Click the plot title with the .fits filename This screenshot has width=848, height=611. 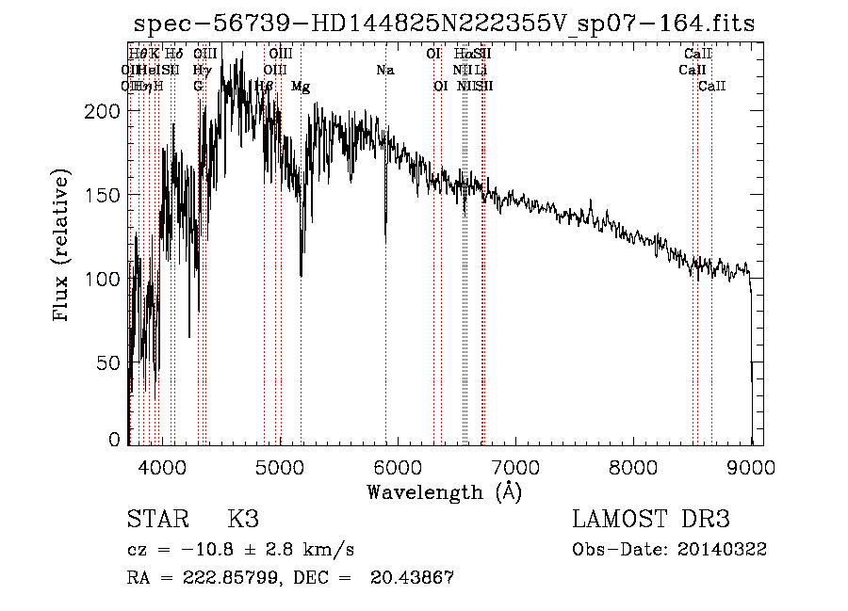point(445,24)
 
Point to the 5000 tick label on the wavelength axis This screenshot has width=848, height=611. point(280,467)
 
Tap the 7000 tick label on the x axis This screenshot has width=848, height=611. point(515,467)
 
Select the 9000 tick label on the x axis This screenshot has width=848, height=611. point(751,467)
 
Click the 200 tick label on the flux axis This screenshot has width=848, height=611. point(101,111)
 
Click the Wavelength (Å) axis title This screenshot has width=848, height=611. point(444,491)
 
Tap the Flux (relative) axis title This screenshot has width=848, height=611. point(62,248)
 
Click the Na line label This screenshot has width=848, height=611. point(384,70)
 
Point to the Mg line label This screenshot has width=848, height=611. point(301,87)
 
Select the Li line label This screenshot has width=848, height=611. point(481,70)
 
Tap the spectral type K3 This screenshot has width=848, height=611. point(243,520)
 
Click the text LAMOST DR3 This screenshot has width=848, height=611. point(651,520)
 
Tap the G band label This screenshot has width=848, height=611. point(198,87)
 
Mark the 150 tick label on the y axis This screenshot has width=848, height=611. point(101,195)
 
